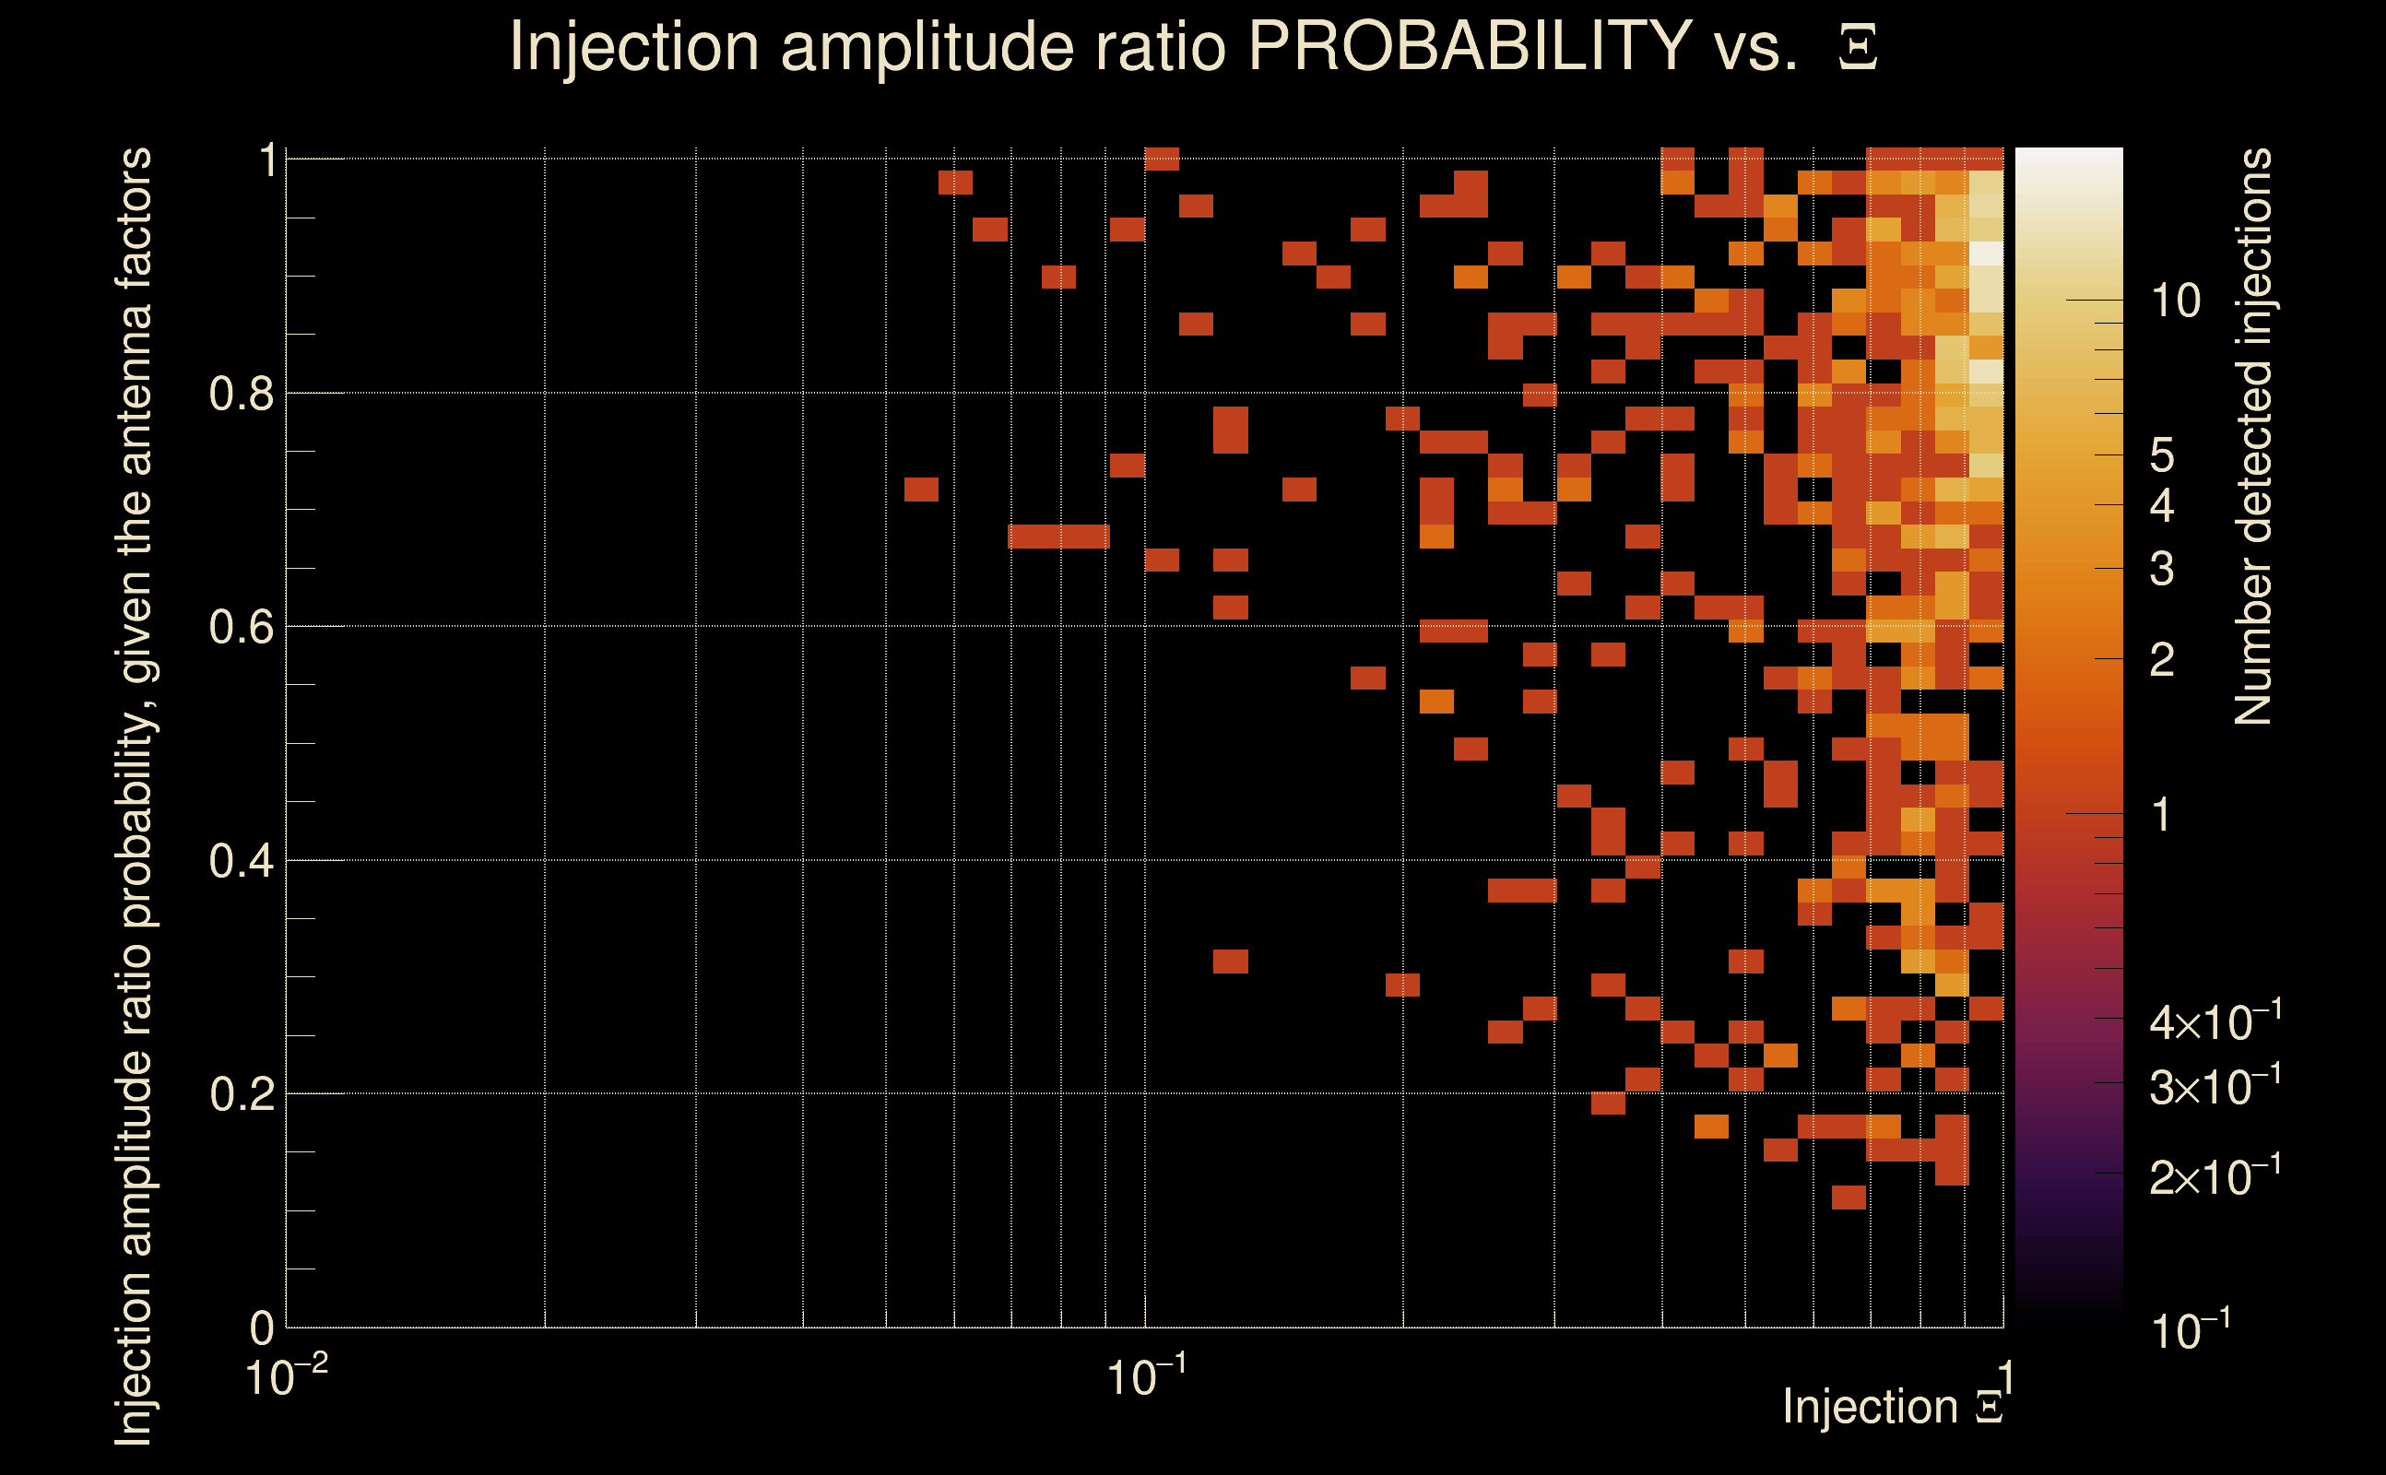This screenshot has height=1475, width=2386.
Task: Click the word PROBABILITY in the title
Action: pos(1470,46)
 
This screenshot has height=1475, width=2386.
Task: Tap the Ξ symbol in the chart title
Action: pos(1858,48)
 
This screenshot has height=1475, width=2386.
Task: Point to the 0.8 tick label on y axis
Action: pos(242,395)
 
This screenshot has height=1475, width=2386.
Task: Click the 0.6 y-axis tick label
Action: pos(242,627)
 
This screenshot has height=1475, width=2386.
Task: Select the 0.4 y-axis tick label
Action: pos(242,861)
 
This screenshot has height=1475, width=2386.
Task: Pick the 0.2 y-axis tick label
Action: pos(242,1094)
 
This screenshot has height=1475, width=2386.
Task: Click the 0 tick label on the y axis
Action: pos(262,1327)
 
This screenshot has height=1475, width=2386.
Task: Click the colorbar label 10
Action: pos(2175,301)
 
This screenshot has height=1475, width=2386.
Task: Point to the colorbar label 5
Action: pos(2162,455)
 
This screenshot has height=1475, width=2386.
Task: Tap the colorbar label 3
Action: pos(2162,569)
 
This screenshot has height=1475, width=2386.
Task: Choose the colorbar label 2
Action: pos(2162,661)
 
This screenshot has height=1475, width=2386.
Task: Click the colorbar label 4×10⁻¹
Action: pos(2215,1021)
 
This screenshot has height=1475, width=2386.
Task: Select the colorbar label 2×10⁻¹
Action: pos(2215,1176)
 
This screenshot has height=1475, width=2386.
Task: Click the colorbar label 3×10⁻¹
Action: pos(2215,1086)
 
